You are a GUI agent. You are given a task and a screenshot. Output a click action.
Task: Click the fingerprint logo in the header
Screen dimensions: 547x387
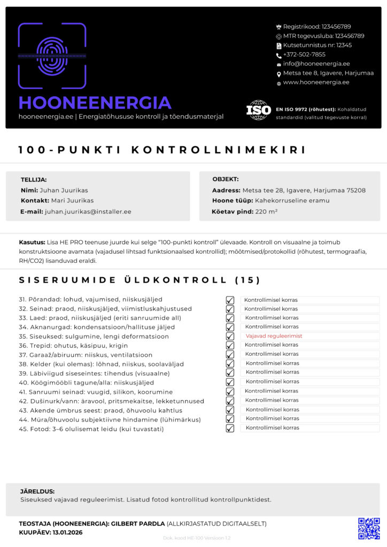click(x=52, y=56)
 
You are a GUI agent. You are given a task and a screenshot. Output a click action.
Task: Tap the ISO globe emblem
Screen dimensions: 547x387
click(x=259, y=110)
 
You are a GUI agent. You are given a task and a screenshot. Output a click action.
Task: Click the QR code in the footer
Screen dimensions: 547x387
click(x=369, y=528)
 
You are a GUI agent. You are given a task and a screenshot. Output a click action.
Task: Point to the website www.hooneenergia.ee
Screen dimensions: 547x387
click(x=316, y=82)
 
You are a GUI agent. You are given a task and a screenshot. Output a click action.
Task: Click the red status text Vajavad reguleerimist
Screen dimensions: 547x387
click(x=274, y=336)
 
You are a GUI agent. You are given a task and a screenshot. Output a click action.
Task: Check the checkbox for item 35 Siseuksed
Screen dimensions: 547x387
click(x=230, y=337)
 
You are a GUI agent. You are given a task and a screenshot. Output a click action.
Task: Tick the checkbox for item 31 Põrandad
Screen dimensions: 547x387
click(x=230, y=300)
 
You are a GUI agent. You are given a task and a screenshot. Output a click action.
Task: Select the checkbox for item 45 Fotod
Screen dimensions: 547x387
click(x=230, y=428)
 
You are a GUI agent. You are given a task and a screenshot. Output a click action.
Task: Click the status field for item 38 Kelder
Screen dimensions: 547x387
click(x=310, y=363)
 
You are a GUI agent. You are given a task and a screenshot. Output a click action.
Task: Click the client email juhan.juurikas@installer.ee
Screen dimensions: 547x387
click(x=88, y=212)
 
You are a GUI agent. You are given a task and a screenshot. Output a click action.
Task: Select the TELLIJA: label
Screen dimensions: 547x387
click(x=34, y=180)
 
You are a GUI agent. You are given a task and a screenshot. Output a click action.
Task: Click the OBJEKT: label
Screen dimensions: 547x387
click(x=226, y=179)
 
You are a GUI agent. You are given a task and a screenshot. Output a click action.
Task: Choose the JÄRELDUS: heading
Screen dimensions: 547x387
click(x=37, y=491)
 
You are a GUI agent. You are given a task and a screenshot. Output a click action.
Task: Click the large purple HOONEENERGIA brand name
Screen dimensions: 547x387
click(x=95, y=103)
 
